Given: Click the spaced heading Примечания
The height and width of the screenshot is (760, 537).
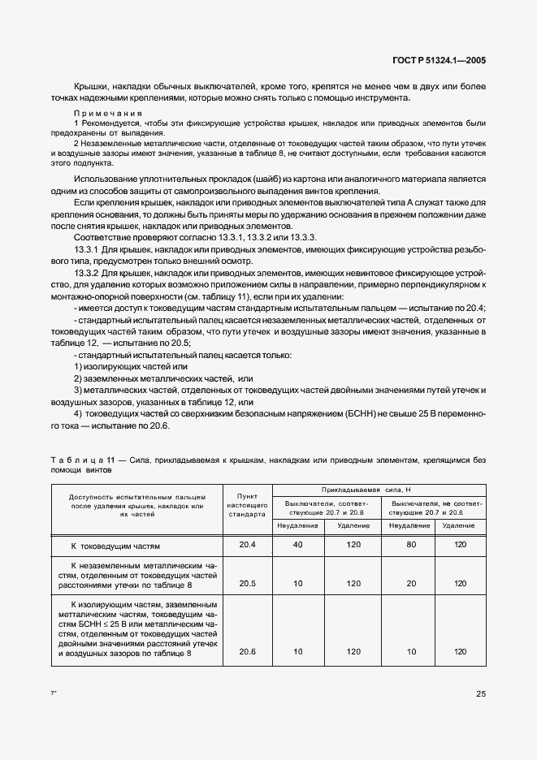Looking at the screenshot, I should pyautogui.click(x=108, y=113).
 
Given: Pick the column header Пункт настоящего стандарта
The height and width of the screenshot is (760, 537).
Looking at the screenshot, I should pyautogui.click(x=246, y=504).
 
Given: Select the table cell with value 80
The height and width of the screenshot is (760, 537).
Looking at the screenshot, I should pyautogui.click(x=409, y=545).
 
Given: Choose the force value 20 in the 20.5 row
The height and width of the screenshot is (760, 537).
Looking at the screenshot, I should pyautogui.click(x=409, y=583).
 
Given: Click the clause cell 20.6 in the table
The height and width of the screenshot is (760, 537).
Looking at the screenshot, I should pyautogui.click(x=246, y=651).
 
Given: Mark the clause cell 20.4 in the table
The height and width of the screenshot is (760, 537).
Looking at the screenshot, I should pyautogui.click(x=246, y=545).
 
